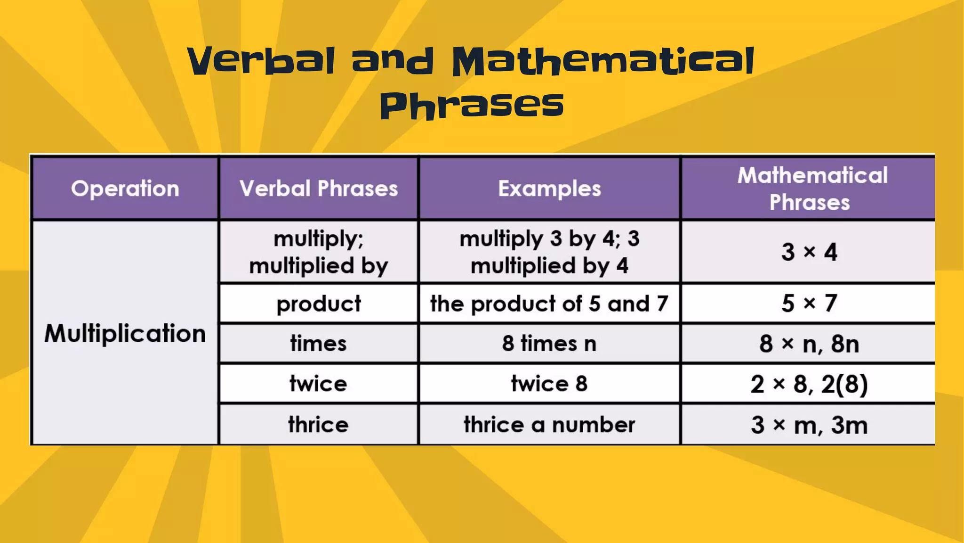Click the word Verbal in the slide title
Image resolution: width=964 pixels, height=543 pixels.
coord(261,61)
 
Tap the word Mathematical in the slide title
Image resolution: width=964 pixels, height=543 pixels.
coord(603,61)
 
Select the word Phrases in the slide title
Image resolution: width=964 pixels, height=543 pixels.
coord(472,105)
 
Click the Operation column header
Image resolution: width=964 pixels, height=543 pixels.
coord(125,189)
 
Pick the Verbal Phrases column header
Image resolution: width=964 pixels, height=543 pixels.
coord(319,189)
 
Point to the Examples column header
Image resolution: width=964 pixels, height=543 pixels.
coord(549,189)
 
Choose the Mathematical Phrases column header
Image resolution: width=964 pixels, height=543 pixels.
coord(811,189)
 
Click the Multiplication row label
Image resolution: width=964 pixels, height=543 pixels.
coord(125,333)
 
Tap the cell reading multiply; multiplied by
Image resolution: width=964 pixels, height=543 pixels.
coord(319,252)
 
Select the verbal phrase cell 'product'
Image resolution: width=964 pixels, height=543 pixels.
coord(319,304)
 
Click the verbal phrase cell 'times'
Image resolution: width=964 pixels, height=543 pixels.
coord(319,343)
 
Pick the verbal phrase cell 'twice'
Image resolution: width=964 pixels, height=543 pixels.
coord(319,383)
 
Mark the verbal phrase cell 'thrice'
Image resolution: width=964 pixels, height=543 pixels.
coord(319,424)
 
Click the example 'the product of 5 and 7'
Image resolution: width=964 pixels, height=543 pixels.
coord(549,304)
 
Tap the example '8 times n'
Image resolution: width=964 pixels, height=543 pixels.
coord(549,343)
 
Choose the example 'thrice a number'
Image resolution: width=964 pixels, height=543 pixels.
coord(549,424)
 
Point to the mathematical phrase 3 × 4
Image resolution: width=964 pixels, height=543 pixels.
coord(809,252)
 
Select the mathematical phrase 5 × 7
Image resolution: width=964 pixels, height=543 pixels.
coord(809,303)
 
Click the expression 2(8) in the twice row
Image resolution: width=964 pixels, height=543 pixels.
coord(844,384)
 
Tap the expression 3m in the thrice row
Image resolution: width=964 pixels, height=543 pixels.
coord(849,425)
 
